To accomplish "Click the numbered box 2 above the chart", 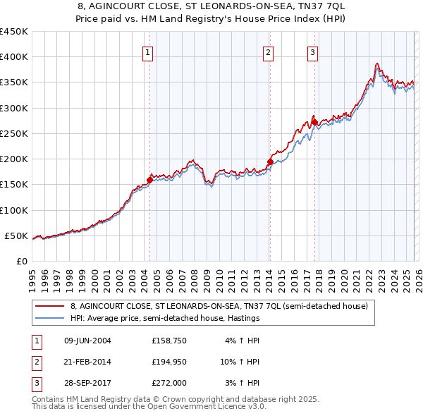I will (269, 51).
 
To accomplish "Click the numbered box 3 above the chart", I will (312, 51).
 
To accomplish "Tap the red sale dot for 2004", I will (149, 180).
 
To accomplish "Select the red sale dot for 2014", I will (270, 161).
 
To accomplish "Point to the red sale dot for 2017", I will (314, 123).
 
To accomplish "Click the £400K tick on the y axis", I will (14, 57).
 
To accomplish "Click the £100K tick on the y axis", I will (14, 210).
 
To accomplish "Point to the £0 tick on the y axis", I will (21, 261).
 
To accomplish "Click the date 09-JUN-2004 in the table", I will (87, 341).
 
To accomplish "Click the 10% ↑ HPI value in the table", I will (240, 362).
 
